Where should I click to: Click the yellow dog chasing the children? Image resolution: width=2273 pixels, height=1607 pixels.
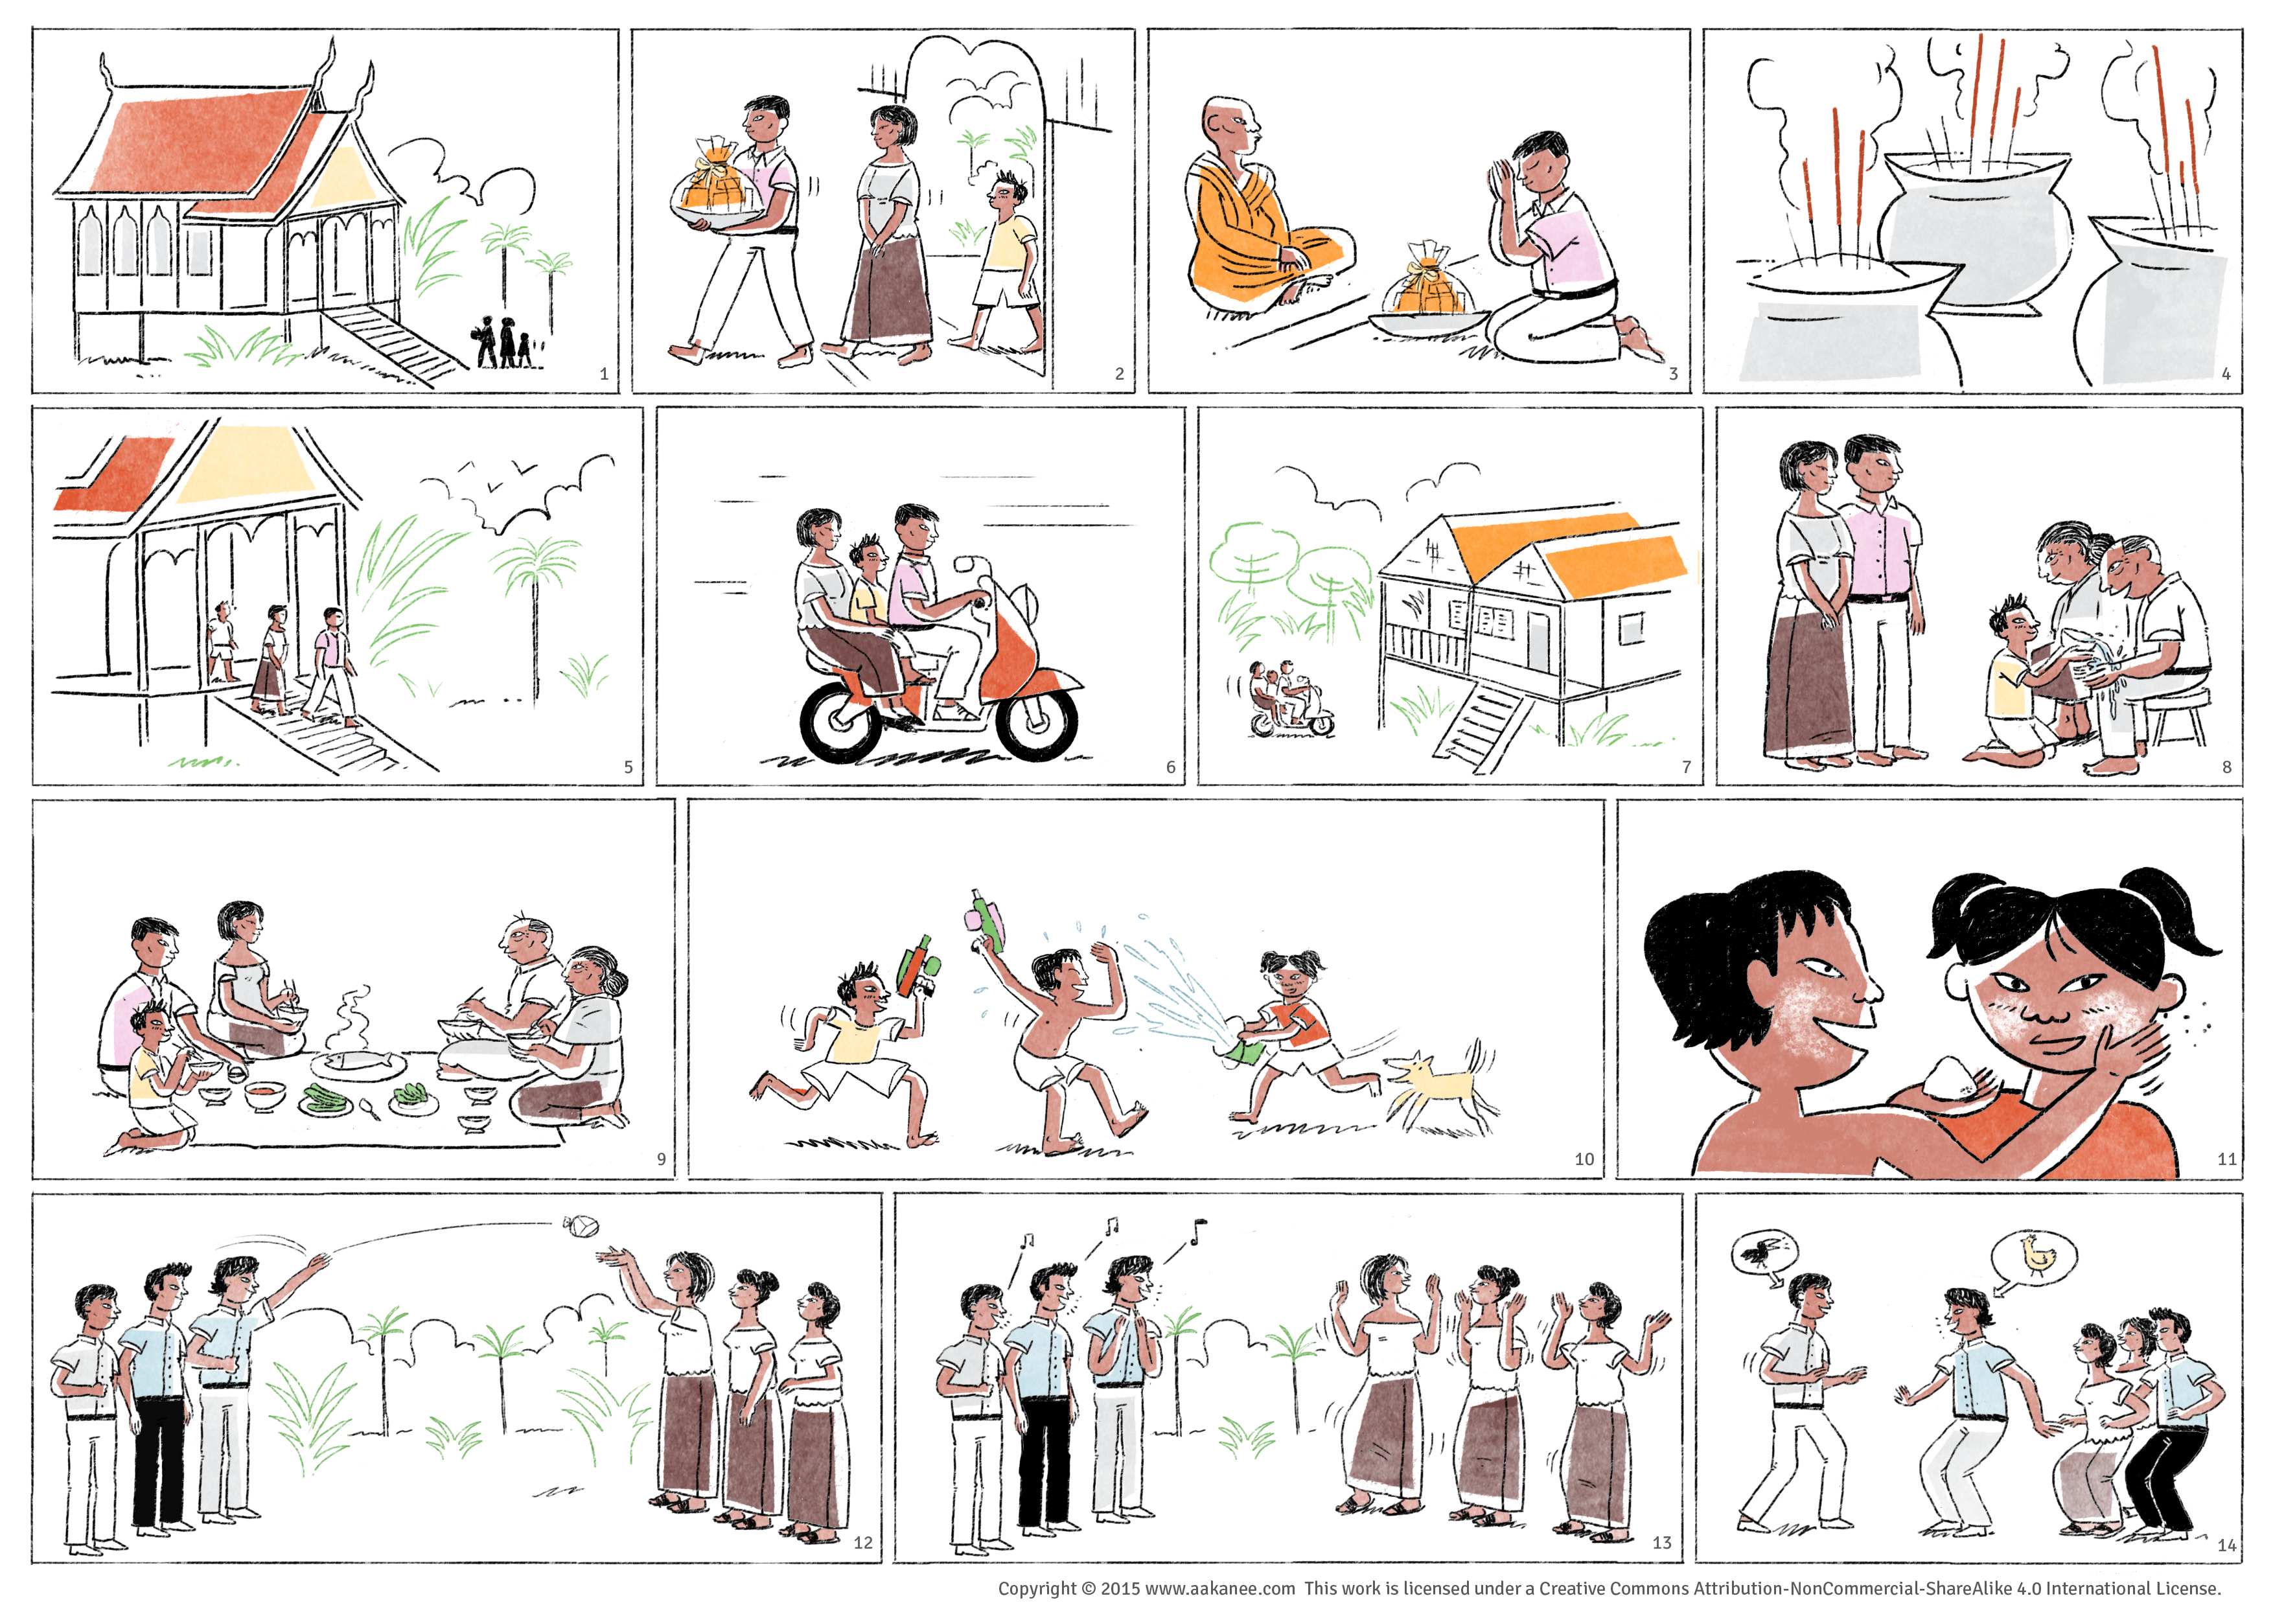click(x=1440, y=1084)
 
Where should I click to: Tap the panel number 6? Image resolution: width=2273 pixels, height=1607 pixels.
click(x=1170, y=767)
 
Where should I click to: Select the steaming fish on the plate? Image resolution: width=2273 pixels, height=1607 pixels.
click(x=358, y=1063)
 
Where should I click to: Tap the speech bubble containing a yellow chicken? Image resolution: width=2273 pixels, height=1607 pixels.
click(x=2035, y=1258)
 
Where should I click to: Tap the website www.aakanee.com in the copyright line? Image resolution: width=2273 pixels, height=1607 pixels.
click(x=1219, y=1588)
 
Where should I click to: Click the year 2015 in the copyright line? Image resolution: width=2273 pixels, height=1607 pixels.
click(x=1120, y=1588)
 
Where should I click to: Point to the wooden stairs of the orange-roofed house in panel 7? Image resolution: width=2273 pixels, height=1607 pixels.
click(x=1477, y=728)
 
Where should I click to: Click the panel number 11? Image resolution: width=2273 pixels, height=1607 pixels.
click(x=2226, y=1159)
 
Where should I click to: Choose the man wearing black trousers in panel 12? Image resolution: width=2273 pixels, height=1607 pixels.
click(x=158, y=1396)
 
